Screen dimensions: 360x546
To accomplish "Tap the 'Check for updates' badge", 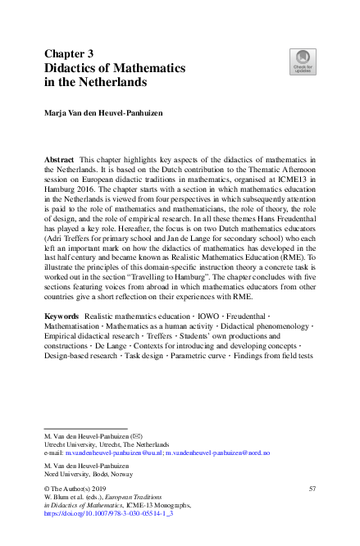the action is pyautogui.click(x=303, y=61).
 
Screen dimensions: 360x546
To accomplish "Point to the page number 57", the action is pyautogui.click(x=312, y=488).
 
